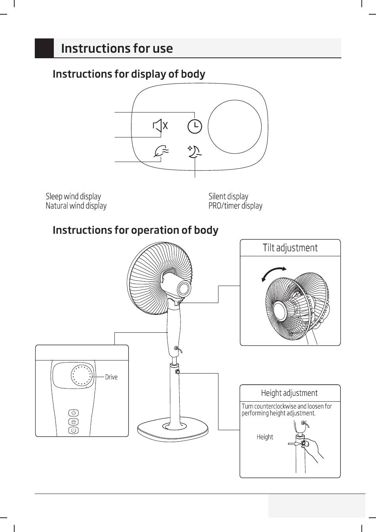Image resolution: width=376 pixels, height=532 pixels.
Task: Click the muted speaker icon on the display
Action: pyautogui.click(x=160, y=126)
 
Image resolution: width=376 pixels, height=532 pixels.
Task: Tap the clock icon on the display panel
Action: pyautogui.click(x=194, y=126)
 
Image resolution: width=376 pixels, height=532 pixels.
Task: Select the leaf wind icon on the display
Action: pyautogui.click(x=161, y=151)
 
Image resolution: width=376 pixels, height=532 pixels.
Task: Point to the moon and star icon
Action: pyautogui.click(x=194, y=151)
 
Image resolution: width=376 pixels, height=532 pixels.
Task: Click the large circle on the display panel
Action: pyautogui.click(x=235, y=127)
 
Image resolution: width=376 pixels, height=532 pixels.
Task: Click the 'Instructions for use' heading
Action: pyautogui.click(x=117, y=48)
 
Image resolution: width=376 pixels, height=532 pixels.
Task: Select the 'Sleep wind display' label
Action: pyautogui.click(x=73, y=196)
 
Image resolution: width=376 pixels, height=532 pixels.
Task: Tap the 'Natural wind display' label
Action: pyautogui.click(x=76, y=206)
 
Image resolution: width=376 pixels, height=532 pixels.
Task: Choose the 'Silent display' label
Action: pyautogui.click(x=228, y=196)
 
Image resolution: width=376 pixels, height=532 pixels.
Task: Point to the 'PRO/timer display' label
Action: pyautogui.click(x=235, y=206)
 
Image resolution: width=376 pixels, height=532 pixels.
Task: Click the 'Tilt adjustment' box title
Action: pyautogui.click(x=290, y=248)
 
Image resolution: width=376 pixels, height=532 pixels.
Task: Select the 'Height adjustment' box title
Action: pyautogui.click(x=289, y=393)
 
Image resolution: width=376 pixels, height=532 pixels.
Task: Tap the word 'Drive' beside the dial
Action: pyautogui.click(x=111, y=377)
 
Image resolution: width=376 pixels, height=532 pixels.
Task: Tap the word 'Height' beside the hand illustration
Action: pyautogui.click(x=265, y=437)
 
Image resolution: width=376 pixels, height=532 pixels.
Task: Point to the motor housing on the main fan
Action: pyautogui.click(x=177, y=286)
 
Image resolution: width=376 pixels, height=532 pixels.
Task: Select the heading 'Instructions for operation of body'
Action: pyautogui.click(x=135, y=230)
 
